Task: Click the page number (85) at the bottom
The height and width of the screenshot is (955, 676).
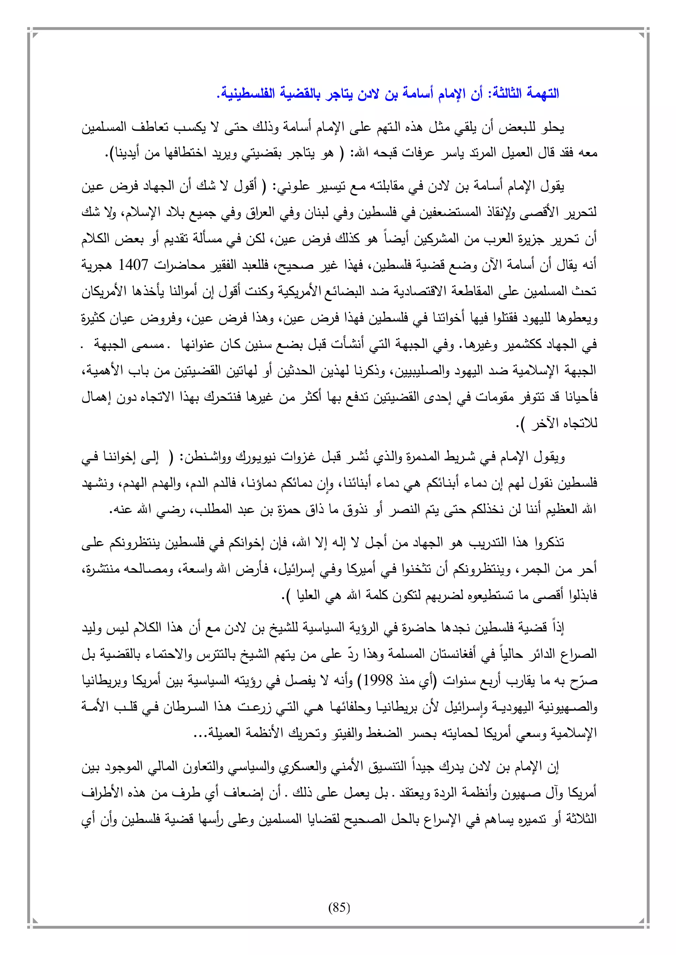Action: click(339, 907)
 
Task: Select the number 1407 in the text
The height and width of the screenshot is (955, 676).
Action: click(134, 265)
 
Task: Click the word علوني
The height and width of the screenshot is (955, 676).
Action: click(294, 186)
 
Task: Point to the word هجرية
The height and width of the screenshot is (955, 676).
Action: click(97, 265)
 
